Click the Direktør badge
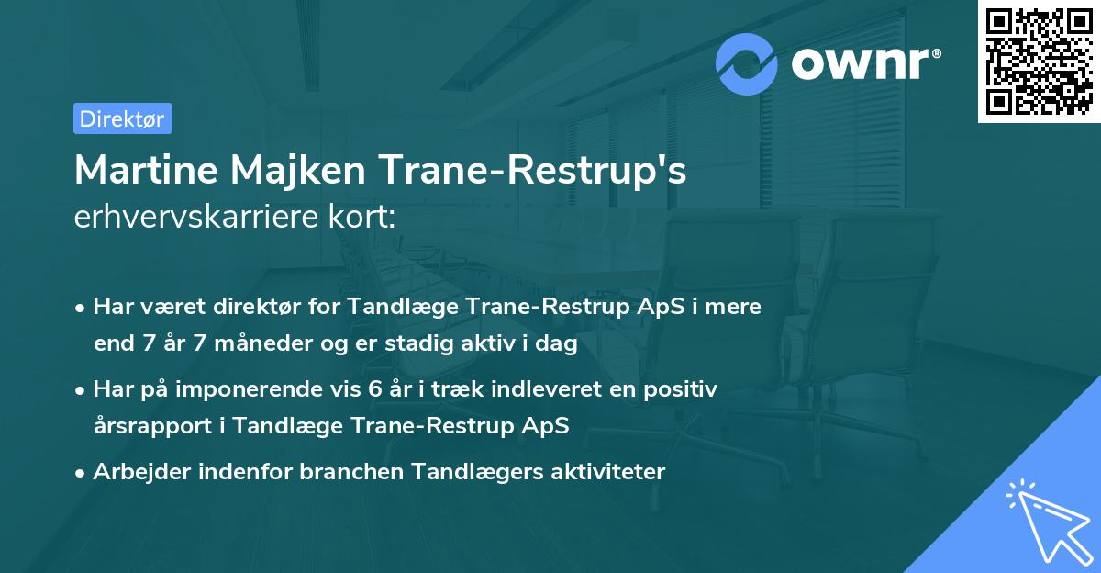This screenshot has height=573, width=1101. tap(122, 118)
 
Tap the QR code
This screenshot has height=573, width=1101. tap(1039, 61)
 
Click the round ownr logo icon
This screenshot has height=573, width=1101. tap(747, 63)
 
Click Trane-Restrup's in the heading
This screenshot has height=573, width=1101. tap(533, 170)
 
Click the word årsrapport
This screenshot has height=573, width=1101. tap(157, 426)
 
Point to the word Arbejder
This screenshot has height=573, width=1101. tap(135, 472)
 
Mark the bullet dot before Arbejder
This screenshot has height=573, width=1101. tap(82, 473)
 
